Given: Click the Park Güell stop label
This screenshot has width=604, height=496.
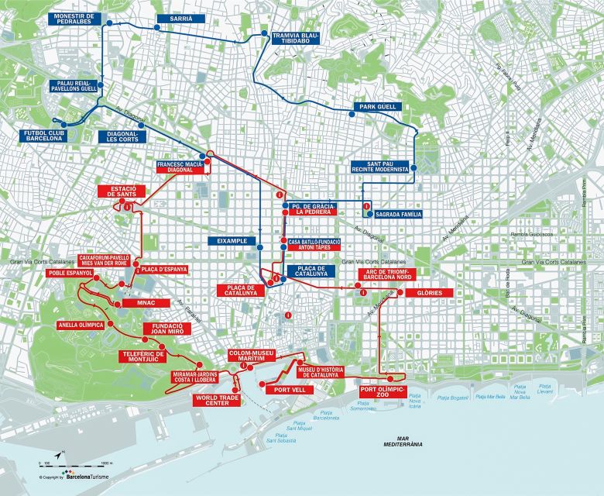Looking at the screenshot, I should tap(376, 106).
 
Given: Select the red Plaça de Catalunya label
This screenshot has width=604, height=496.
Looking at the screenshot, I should tap(238, 291).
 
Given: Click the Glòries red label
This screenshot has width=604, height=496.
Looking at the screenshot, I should tap(426, 294).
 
